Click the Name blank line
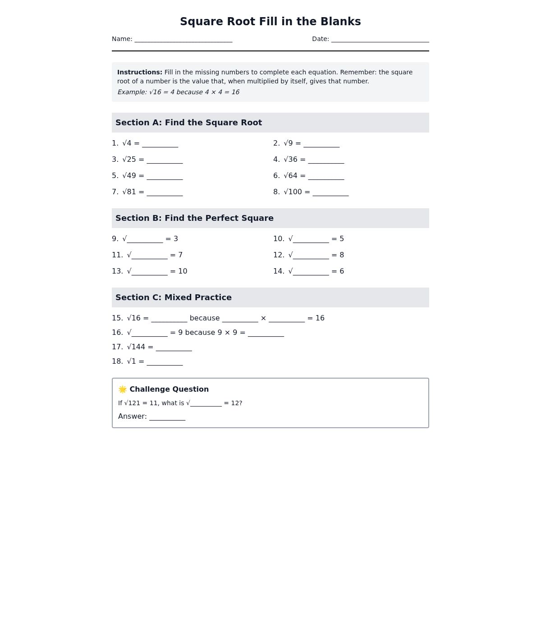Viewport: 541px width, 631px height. coord(183,40)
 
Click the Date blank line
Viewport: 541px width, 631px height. coord(380,40)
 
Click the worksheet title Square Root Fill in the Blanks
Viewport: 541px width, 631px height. coord(270,22)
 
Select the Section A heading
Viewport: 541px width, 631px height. coord(188,123)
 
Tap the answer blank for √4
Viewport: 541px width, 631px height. coord(160,144)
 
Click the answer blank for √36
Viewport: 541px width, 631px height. coord(326,160)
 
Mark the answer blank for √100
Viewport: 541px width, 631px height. coord(330,192)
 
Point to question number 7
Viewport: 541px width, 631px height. coord(115,192)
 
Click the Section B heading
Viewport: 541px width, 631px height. coord(194,218)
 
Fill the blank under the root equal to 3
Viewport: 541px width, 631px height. coord(145,239)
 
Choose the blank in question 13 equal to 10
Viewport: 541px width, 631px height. coord(149,272)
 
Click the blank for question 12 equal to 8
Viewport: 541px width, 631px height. coord(311,256)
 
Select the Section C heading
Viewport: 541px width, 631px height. coord(174,297)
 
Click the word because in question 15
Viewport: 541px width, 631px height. coord(205,318)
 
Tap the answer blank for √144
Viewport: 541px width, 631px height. coord(174,348)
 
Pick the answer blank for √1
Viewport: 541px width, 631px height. coord(165,362)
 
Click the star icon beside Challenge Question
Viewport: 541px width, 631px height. coord(123,389)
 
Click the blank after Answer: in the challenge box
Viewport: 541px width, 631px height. coord(167,417)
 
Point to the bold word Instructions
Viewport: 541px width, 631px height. coord(140,72)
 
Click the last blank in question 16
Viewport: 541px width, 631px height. coord(266,333)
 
